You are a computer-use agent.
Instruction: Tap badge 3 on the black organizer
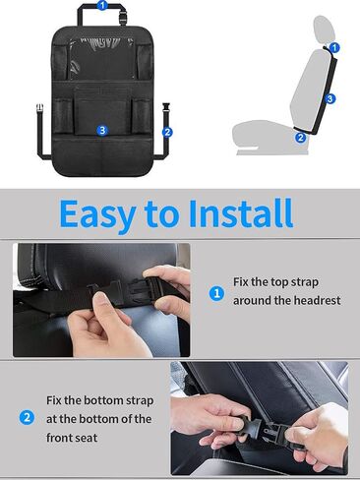click(x=102, y=130)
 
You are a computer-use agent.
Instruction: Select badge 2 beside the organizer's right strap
click(x=167, y=131)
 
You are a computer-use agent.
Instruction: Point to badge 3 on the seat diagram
click(x=330, y=98)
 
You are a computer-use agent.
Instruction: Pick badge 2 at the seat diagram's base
click(x=301, y=138)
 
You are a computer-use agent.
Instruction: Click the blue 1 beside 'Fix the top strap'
click(x=217, y=292)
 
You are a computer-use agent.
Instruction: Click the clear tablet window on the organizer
click(x=103, y=58)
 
